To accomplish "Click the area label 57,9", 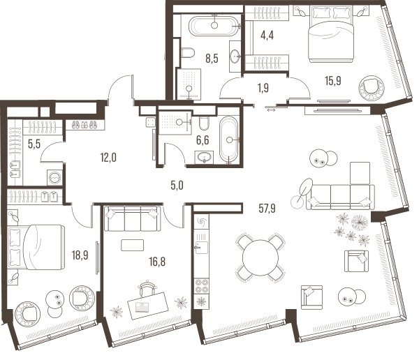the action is coord(267,208).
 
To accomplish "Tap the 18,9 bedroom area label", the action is coord(80,255).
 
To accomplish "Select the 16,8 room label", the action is coord(157,262).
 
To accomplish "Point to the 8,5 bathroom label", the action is coord(212,58).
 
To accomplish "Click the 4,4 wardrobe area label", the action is coord(267,35).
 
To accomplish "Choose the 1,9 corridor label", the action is coord(263,88).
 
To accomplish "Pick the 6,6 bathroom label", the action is coord(203,140).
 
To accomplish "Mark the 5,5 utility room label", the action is coord(34,144).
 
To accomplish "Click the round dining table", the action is coord(260,257).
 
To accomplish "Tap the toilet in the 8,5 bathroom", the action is coord(188,52).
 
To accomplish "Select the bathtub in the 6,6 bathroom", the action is coord(228,140).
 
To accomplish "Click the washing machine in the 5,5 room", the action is coord(54,177).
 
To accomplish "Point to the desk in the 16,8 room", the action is coord(148,306).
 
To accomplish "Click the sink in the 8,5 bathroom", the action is coord(235,57).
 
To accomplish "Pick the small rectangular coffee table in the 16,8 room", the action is coord(132,245).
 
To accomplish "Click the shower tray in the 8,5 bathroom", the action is coord(189,84).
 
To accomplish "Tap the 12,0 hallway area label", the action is coord(108,158).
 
